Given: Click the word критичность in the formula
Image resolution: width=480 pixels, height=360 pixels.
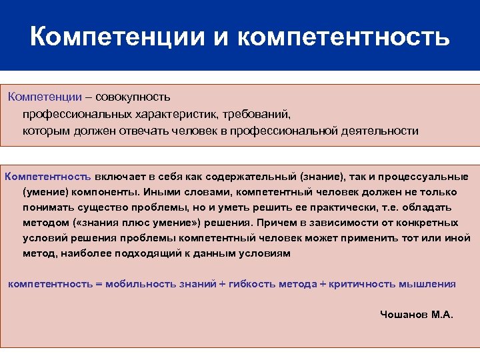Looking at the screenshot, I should [363, 284].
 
